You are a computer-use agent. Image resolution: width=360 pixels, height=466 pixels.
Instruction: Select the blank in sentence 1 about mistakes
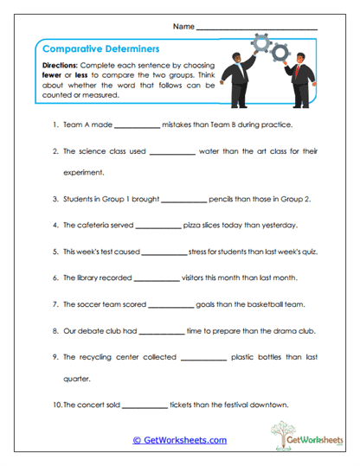click(x=137, y=125)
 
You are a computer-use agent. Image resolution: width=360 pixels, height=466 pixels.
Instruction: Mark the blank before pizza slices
click(x=157, y=226)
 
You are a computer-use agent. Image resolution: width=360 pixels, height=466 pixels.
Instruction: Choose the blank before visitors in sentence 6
click(x=156, y=278)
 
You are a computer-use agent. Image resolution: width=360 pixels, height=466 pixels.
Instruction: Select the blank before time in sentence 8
click(x=161, y=330)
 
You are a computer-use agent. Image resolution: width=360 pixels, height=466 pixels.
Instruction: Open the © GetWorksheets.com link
click(x=179, y=440)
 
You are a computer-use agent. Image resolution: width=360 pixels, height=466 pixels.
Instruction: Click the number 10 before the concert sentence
click(x=56, y=405)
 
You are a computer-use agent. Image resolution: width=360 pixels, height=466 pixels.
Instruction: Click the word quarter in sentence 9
click(x=77, y=379)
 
